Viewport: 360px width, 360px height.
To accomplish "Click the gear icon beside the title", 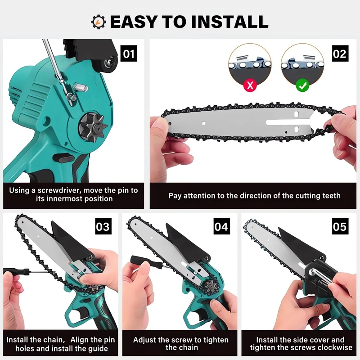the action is (99, 22).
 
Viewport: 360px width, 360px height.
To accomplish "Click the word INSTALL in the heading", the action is (229, 22).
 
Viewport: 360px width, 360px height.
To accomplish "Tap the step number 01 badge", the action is (129, 54).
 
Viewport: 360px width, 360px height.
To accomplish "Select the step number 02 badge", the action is (340, 54).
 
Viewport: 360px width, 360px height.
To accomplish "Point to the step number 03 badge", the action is (103, 226).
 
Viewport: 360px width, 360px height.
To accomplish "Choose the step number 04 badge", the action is (221, 226).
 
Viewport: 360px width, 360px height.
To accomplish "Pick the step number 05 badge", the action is (340, 226).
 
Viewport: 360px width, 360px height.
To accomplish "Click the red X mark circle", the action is (250, 85).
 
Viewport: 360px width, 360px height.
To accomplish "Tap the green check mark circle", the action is (302, 85).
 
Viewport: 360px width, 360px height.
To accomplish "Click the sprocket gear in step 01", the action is (93, 127).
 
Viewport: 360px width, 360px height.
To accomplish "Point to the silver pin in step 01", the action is (81, 87).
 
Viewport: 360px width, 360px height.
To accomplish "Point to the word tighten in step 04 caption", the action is (215, 340).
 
